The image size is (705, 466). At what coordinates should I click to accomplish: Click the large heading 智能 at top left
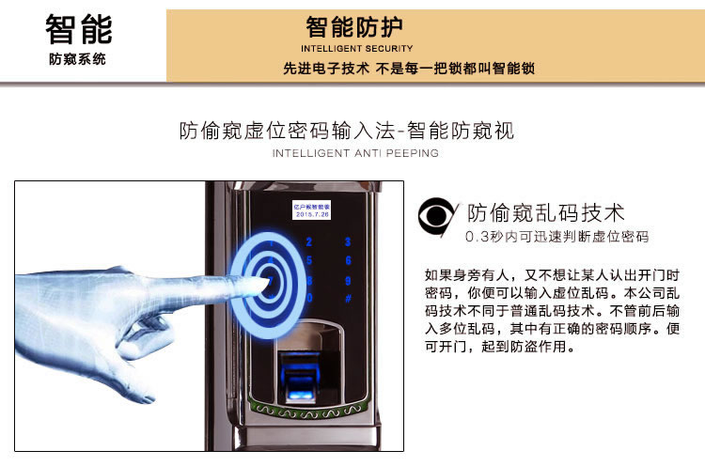[x=78, y=28]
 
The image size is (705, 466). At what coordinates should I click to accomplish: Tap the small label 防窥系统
[x=78, y=59]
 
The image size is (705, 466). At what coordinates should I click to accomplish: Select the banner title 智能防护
[x=356, y=27]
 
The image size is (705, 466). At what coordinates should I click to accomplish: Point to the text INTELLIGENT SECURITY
[x=356, y=49]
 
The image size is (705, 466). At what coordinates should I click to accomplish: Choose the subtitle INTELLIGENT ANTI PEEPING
[x=354, y=153]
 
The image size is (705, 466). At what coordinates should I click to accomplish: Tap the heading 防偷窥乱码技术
[x=545, y=213]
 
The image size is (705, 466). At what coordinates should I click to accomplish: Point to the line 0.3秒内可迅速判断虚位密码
[x=556, y=237]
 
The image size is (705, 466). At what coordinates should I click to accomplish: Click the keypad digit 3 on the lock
[x=348, y=241]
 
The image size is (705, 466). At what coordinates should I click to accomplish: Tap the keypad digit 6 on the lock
[x=348, y=260]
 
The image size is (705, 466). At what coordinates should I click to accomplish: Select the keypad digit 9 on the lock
[x=348, y=280]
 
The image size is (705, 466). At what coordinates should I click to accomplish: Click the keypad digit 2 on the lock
[x=309, y=241]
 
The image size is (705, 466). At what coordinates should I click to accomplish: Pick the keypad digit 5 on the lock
[x=309, y=260]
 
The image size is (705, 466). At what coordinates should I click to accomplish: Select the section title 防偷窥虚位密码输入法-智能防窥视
[x=347, y=131]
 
